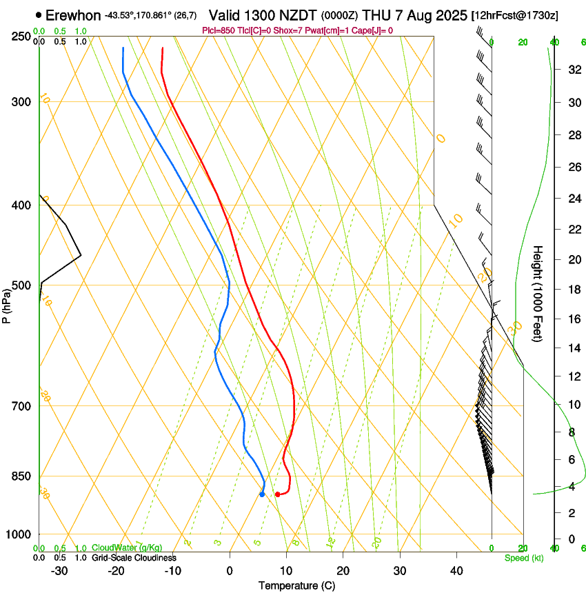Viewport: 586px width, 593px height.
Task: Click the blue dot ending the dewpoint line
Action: (x=262, y=494)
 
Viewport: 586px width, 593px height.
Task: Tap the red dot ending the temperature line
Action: (x=277, y=494)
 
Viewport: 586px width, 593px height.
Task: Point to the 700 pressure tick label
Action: (x=21, y=406)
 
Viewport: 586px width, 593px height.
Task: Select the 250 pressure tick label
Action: (x=21, y=37)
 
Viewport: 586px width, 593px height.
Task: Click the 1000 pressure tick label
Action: (x=19, y=534)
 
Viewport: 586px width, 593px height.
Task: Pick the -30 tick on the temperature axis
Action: (x=59, y=571)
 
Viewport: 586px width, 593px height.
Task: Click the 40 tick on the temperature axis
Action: (x=456, y=571)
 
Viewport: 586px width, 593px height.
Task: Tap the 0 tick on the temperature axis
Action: (x=230, y=571)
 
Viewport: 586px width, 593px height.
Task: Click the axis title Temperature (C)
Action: (x=296, y=585)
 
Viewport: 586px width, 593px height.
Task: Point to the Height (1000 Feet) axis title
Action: (x=538, y=293)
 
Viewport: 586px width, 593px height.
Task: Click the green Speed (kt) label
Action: (x=523, y=558)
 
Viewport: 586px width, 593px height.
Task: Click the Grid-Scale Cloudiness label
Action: (x=134, y=558)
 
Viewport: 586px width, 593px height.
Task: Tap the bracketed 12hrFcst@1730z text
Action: (x=515, y=15)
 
